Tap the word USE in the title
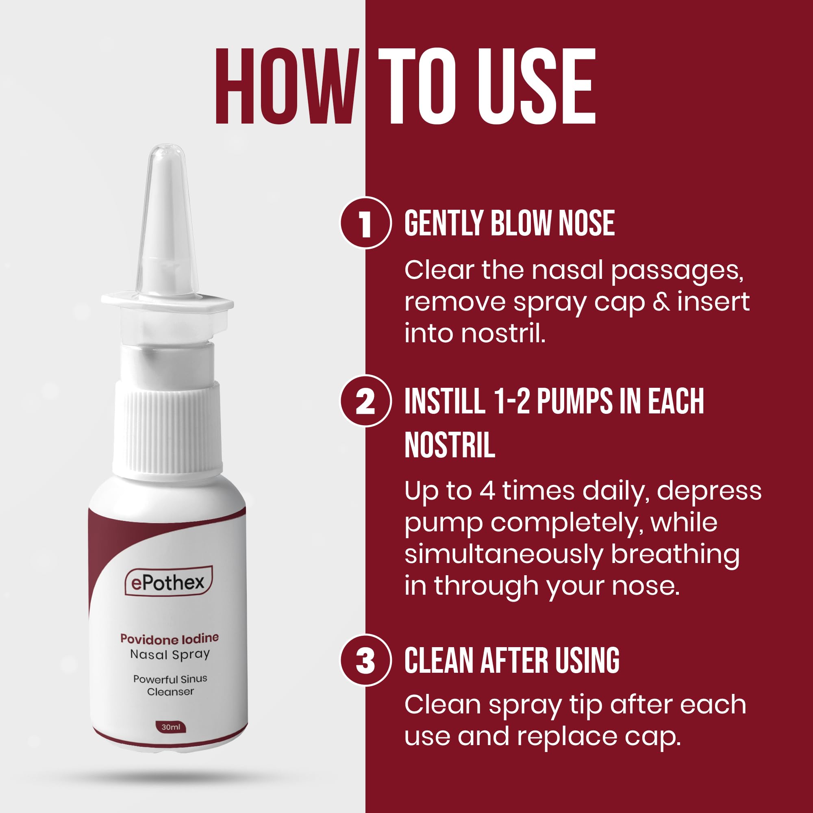pyautogui.click(x=536, y=87)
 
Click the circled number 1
pyautogui.click(x=365, y=223)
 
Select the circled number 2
pyautogui.click(x=365, y=401)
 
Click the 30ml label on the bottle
pyautogui.click(x=170, y=727)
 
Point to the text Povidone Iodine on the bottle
pyautogui.click(x=170, y=638)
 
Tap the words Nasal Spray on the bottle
pyautogui.click(x=170, y=654)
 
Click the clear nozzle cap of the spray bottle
pyautogui.click(x=167, y=219)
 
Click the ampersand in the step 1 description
pyautogui.click(x=661, y=302)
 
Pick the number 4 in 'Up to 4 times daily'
pyautogui.click(x=487, y=491)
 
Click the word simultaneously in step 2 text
pyautogui.click(x=504, y=554)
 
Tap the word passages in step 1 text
pyautogui.click(x=677, y=271)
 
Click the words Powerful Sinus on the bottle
pyautogui.click(x=170, y=679)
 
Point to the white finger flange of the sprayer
pyautogui.click(x=167, y=303)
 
